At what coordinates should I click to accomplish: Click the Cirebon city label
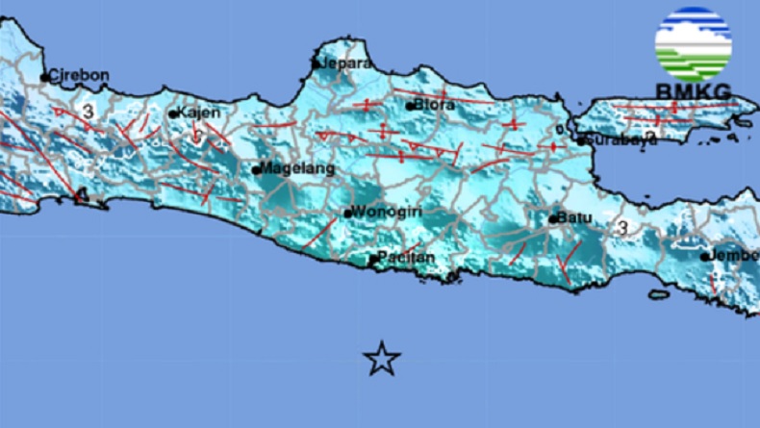click(x=79, y=75)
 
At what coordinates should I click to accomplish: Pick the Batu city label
click(x=575, y=218)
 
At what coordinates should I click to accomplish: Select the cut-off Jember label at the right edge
click(x=735, y=256)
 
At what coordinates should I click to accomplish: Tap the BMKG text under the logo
click(x=693, y=91)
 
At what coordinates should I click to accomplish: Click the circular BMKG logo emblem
click(x=693, y=44)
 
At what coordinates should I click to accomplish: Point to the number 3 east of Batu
click(x=622, y=228)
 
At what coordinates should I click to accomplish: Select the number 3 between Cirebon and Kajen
click(x=88, y=113)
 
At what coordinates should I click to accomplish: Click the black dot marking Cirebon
click(x=44, y=77)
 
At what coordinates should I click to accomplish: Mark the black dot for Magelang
click(x=256, y=170)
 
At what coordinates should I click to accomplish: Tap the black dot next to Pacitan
click(x=373, y=259)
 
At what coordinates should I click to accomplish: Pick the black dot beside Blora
click(x=410, y=106)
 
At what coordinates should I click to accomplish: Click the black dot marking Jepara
click(x=317, y=64)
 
